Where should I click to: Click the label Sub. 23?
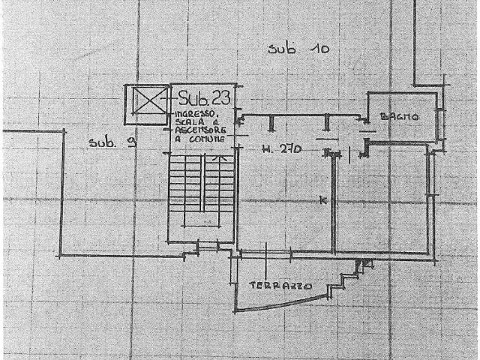[204, 97]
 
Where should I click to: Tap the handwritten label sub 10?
[298, 49]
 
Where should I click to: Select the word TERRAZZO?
[280, 286]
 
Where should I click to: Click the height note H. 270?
[281, 149]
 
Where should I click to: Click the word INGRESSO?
[196, 113]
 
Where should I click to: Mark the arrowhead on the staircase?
[217, 158]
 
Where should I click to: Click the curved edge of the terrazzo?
[285, 304]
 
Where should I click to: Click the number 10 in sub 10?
[321, 49]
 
